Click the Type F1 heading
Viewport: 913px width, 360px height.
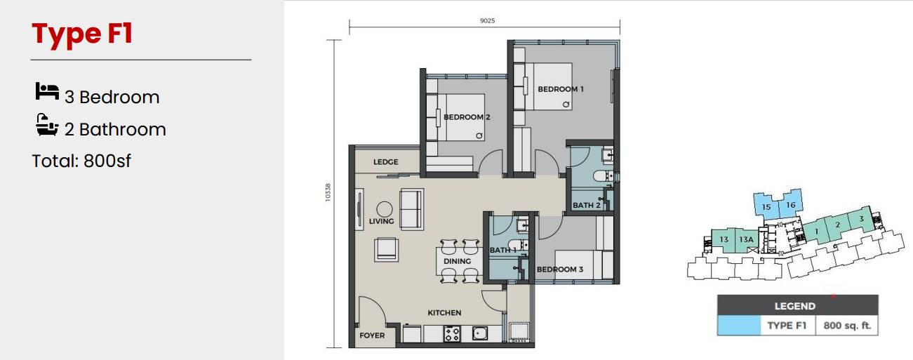click(x=82, y=34)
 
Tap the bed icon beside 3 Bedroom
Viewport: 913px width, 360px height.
click(x=47, y=91)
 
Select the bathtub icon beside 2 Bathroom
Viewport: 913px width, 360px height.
click(x=47, y=125)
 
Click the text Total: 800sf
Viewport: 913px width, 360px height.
click(x=81, y=161)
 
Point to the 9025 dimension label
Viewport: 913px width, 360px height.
click(x=488, y=21)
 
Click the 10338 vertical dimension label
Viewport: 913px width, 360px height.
click(x=328, y=192)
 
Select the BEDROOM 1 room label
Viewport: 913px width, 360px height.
click(x=561, y=89)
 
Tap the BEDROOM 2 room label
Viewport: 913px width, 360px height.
click(x=467, y=117)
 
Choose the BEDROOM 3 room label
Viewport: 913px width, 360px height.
click(x=559, y=269)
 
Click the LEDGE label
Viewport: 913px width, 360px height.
click(x=385, y=162)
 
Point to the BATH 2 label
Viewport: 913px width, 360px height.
click(x=587, y=205)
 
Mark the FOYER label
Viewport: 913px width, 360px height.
click(x=372, y=335)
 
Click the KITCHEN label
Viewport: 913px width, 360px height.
click(x=444, y=313)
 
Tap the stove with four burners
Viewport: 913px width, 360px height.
click(x=452, y=334)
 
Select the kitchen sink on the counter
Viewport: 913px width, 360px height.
click(x=480, y=333)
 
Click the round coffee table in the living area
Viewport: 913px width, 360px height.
click(x=385, y=210)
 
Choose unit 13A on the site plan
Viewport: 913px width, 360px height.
click(x=746, y=240)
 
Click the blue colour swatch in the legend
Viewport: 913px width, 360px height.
click(x=739, y=326)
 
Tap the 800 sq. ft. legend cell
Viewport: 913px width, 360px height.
click(x=847, y=326)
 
